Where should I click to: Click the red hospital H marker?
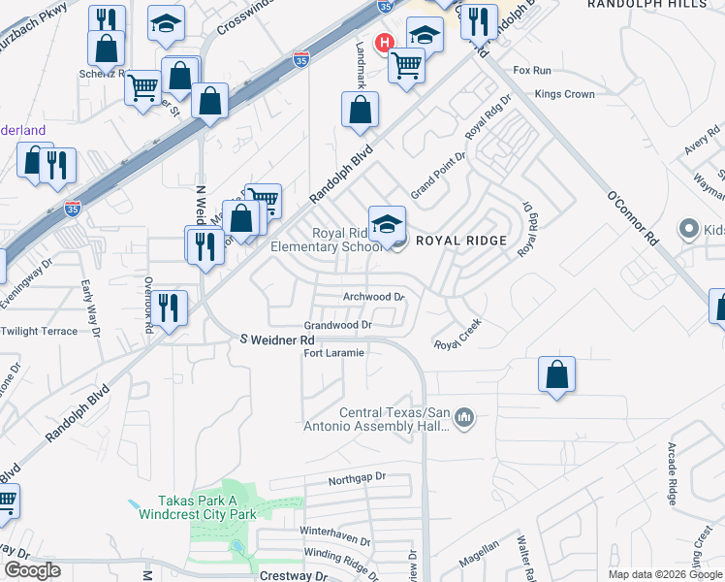(x=385, y=44)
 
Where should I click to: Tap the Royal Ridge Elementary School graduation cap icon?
(x=387, y=222)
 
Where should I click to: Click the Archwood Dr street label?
(x=372, y=297)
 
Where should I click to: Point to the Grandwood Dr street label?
(x=338, y=326)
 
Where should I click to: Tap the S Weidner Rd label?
(x=277, y=340)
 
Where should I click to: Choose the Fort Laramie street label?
(x=333, y=353)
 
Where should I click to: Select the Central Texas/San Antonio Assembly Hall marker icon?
(x=464, y=417)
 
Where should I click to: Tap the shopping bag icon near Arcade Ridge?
(x=556, y=374)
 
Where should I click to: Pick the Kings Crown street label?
(x=564, y=94)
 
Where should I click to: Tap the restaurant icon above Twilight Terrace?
(x=170, y=309)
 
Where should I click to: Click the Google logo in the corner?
(x=32, y=570)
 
